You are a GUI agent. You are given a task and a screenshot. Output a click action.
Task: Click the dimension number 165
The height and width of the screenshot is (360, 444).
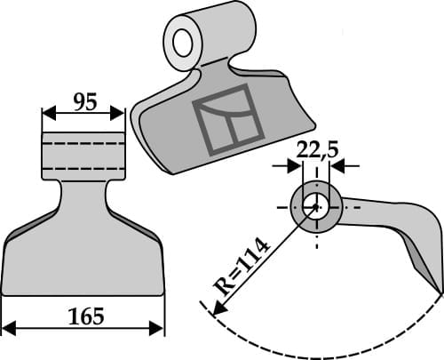click(85, 316)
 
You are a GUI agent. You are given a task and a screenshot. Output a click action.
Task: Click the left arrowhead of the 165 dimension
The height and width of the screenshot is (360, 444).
click(8, 328)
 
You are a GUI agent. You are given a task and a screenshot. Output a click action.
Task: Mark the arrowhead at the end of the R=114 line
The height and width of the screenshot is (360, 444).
click(216, 308)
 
